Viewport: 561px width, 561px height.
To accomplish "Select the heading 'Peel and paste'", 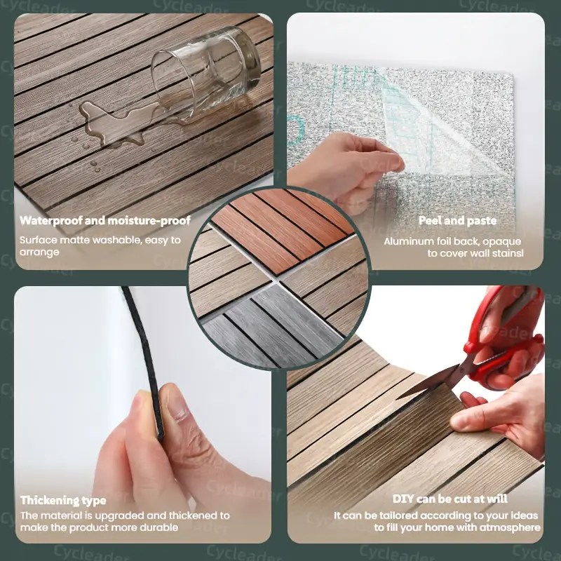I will pyautogui.click(x=457, y=220).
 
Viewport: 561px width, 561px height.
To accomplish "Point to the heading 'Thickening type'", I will pyautogui.click(x=63, y=500).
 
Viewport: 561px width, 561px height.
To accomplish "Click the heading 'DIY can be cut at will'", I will pyautogui.click(x=450, y=499).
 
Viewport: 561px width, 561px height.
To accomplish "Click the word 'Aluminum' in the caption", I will pyautogui.click(x=408, y=241).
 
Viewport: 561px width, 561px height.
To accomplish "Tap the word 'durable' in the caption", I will pyautogui.click(x=158, y=527).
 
